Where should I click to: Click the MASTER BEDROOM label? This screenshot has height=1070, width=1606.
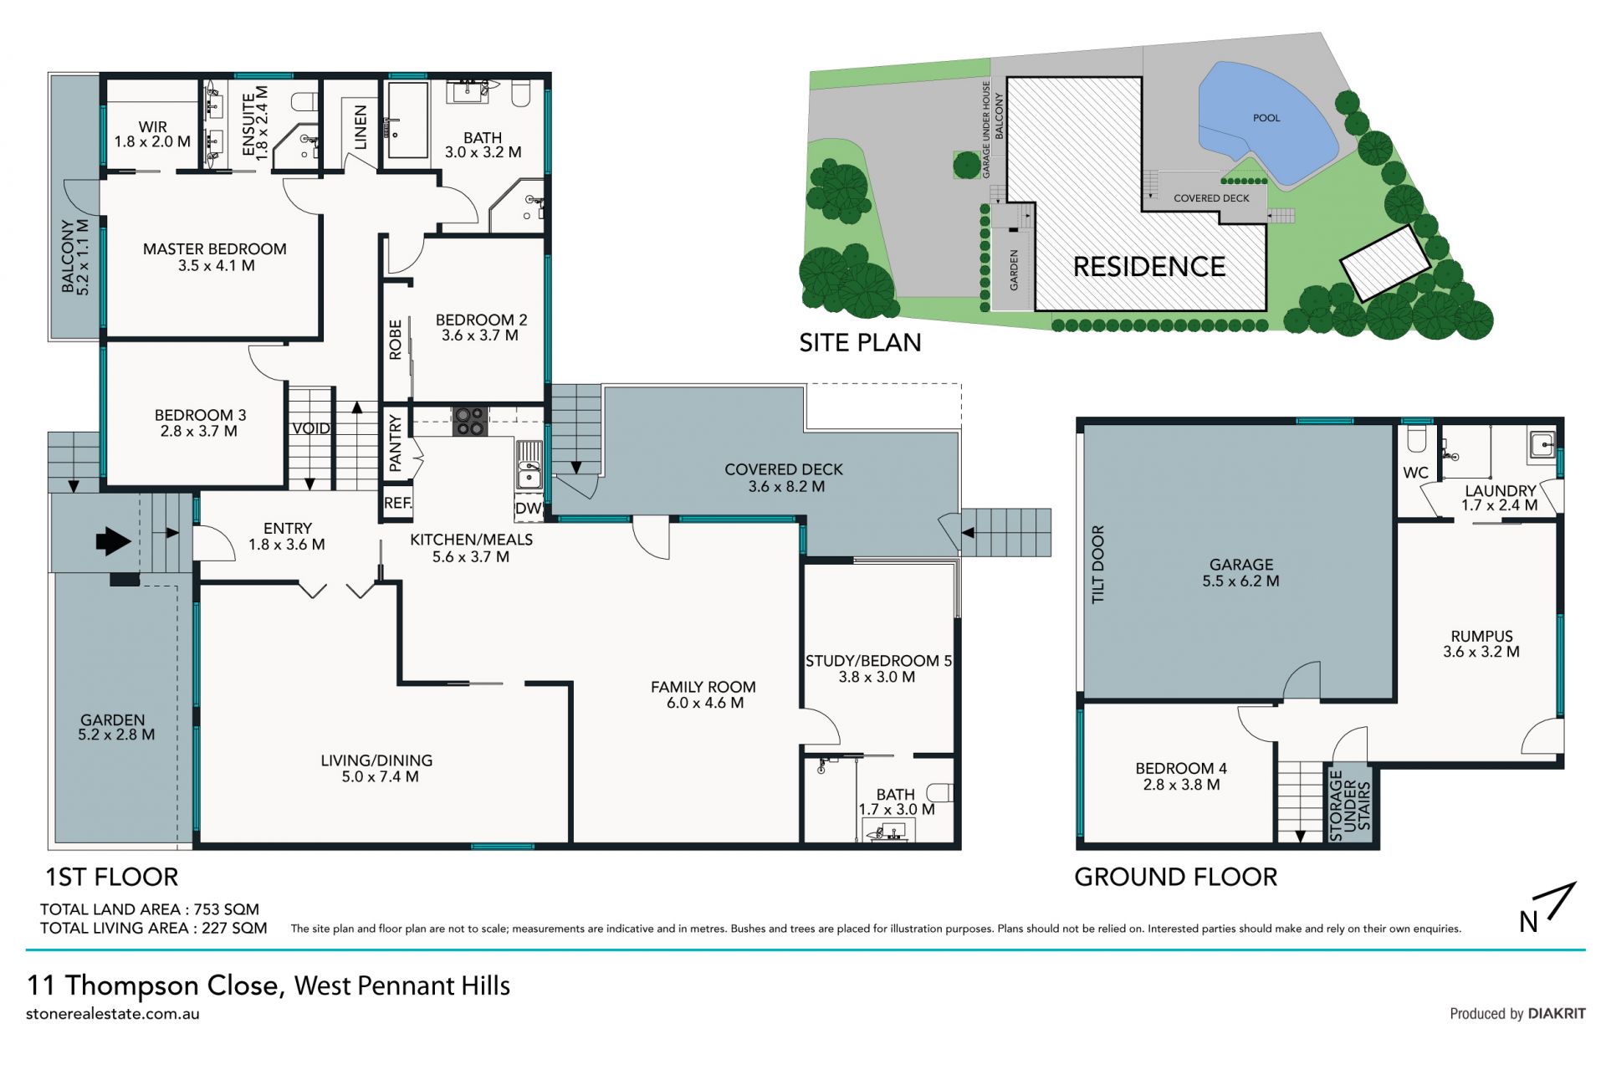click(x=215, y=248)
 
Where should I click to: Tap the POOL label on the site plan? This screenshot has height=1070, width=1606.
click(x=1266, y=118)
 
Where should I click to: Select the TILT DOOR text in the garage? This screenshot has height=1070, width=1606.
click(x=1098, y=564)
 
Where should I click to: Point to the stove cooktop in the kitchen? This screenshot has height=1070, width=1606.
click(x=470, y=421)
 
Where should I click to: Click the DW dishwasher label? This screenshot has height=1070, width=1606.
click(x=528, y=508)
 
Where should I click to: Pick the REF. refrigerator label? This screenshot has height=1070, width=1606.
click(x=397, y=503)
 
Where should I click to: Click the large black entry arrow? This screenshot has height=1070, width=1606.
click(x=114, y=540)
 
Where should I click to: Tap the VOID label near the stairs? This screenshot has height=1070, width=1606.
click(x=311, y=428)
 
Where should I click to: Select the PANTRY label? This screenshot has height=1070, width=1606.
click(x=396, y=443)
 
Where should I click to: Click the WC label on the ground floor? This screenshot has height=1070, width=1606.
click(x=1415, y=473)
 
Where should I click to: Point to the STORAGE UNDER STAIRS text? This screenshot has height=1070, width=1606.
click(x=1350, y=805)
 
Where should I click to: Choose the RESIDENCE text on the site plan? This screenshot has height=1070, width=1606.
click(x=1149, y=267)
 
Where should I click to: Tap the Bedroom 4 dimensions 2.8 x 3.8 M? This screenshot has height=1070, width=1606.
click(x=1181, y=785)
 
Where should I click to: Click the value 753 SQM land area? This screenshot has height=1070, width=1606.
click(x=227, y=909)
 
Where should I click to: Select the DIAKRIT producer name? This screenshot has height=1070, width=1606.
click(x=1557, y=1013)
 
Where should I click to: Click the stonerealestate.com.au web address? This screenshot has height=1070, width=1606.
click(x=113, y=1014)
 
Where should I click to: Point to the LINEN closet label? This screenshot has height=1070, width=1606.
click(x=361, y=127)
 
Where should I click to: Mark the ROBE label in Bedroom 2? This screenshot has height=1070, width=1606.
click(x=396, y=340)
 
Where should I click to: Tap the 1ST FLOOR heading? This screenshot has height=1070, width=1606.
click(x=111, y=877)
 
